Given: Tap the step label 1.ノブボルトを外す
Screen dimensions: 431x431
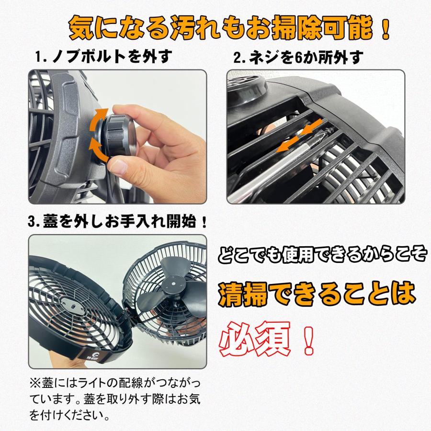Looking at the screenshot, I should point(104,57).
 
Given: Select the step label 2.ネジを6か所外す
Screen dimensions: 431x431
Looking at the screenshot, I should point(298,58).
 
